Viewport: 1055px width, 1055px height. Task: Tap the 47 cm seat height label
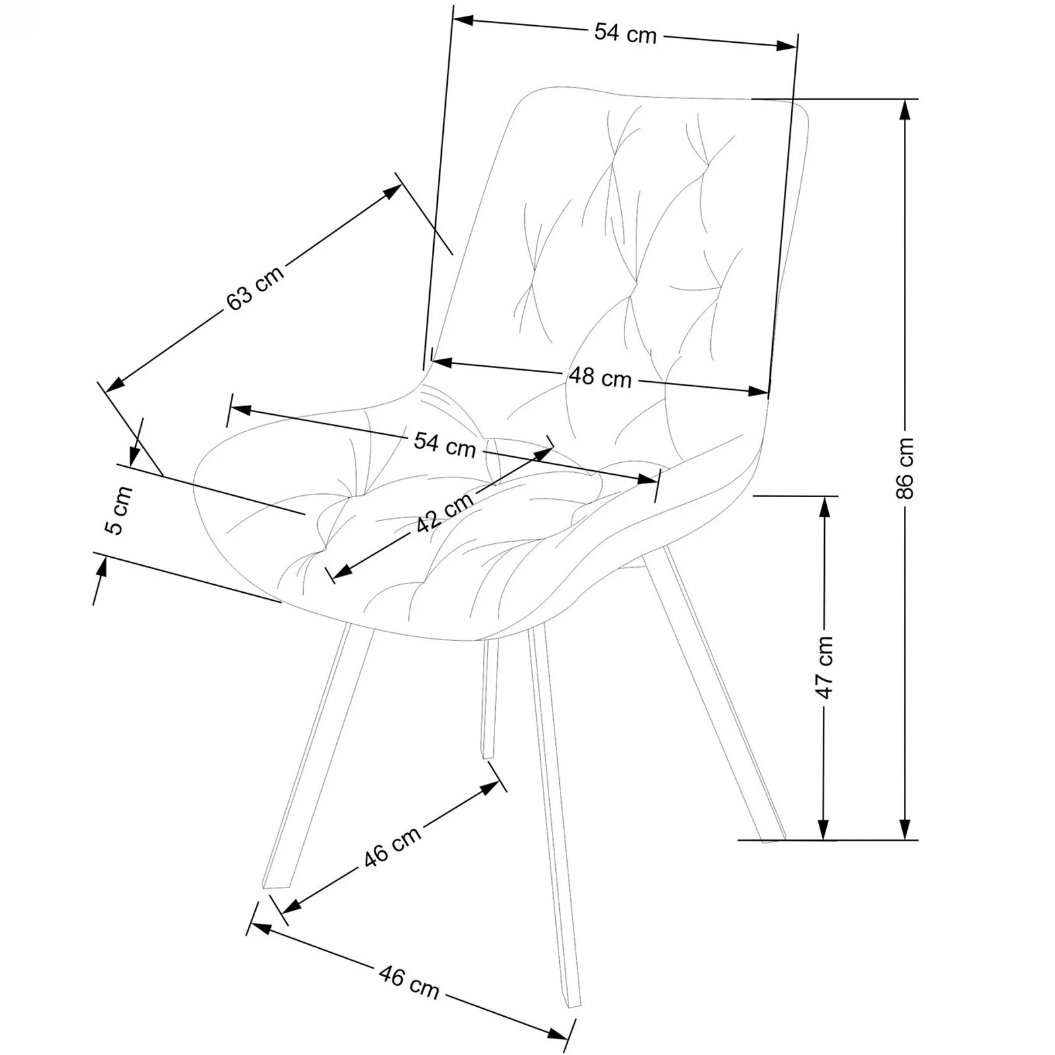click(824, 667)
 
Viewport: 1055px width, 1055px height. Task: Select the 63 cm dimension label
click(255, 287)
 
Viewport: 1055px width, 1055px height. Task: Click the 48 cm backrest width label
click(600, 378)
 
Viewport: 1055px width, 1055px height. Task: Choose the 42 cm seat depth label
click(446, 512)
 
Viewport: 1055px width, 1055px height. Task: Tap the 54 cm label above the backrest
click(626, 33)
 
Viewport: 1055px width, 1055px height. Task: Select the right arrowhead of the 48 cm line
click(758, 391)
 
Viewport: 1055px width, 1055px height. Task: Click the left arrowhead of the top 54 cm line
click(464, 20)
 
